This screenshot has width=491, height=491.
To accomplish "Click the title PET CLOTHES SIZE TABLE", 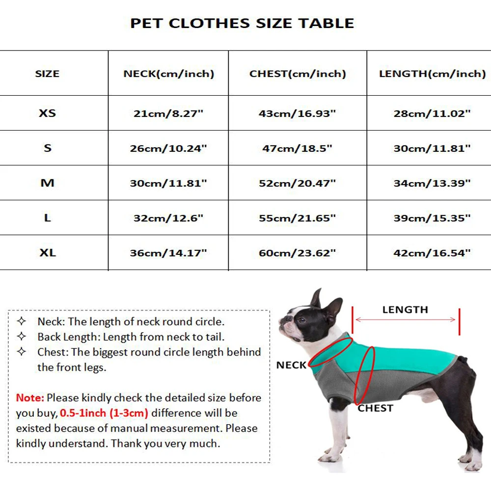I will click(x=242, y=23).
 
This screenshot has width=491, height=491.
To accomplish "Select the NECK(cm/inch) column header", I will click(x=168, y=74).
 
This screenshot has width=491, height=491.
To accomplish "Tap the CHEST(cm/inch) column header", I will click(x=298, y=74).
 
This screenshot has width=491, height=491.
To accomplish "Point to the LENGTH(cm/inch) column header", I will click(x=432, y=74).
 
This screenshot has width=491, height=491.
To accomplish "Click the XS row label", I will click(x=48, y=113).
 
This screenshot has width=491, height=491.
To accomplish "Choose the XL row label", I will click(x=48, y=253).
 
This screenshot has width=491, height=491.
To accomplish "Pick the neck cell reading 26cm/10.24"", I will click(x=168, y=148).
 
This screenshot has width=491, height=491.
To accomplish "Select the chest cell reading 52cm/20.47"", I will click(x=298, y=183).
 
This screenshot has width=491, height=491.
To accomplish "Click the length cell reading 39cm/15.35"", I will click(x=432, y=218).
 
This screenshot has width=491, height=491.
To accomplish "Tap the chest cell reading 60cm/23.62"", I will click(x=298, y=253).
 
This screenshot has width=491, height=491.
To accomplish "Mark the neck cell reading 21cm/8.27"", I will click(x=168, y=113).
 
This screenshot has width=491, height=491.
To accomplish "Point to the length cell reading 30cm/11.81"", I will click(x=432, y=148).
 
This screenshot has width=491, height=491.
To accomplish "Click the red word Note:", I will click(x=30, y=398).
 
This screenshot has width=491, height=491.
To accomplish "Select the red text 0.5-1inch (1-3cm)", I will click(x=104, y=413).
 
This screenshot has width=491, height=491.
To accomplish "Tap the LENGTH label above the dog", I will click(x=405, y=310).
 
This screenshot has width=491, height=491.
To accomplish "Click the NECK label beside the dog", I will click(x=291, y=365).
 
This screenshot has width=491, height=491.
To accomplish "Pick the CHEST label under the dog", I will click(x=376, y=408).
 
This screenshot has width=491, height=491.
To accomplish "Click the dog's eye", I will click(x=300, y=320).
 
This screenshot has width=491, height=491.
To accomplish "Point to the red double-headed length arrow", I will click(x=405, y=320).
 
